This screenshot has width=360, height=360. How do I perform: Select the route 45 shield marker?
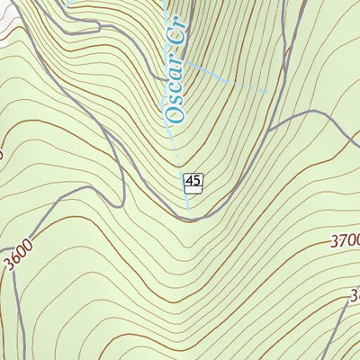coord(192,183)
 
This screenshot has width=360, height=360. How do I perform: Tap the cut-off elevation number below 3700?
coord(354,294)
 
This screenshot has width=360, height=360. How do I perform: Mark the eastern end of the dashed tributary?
coord(264,90)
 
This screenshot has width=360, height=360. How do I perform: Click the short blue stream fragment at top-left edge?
coord(68,3)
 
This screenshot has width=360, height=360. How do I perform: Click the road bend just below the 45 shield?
coord(193,216)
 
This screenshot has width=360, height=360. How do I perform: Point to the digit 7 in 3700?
coord(338,240)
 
